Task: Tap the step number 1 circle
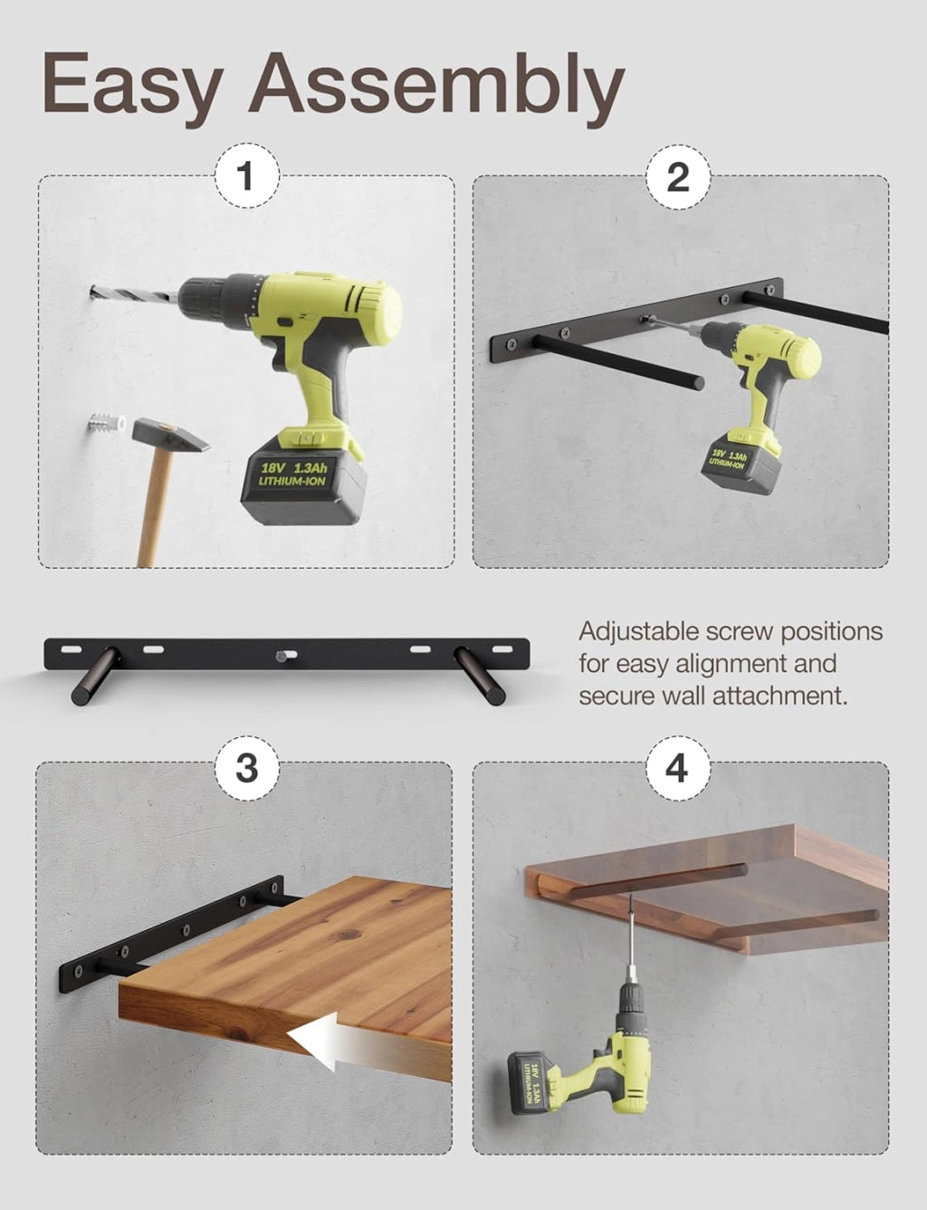[x=247, y=176]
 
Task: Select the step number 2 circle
[x=678, y=177]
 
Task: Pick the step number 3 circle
[x=247, y=768]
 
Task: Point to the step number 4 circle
[x=678, y=768]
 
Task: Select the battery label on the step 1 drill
[x=292, y=472]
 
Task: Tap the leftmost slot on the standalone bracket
[x=71, y=649]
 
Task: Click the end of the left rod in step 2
[x=697, y=382]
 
